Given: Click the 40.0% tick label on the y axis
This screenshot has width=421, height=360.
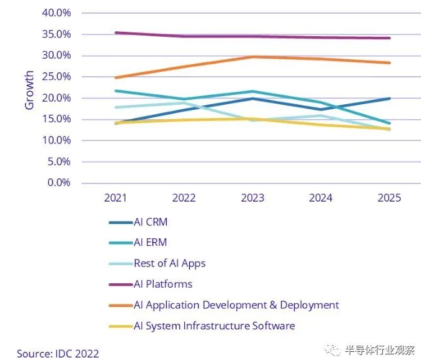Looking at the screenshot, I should pyautogui.click(x=56, y=12).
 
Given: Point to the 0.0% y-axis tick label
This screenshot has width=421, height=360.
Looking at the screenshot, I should pyautogui.click(x=58, y=183).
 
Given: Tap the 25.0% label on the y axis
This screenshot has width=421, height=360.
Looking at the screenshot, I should pyautogui.click(x=56, y=77).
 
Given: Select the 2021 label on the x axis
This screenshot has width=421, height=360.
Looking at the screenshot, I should pyautogui.click(x=116, y=198).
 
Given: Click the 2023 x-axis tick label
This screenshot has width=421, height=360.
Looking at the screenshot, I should pyautogui.click(x=252, y=198).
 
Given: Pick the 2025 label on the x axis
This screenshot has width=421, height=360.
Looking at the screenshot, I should pyautogui.click(x=389, y=198).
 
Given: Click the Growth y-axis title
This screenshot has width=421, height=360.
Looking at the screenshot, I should pyautogui.click(x=29, y=90).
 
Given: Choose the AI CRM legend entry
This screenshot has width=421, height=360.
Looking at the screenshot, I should pyautogui.click(x=151, y=222).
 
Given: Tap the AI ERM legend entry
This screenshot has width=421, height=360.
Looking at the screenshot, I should pyautogui.click(x=151, y=243).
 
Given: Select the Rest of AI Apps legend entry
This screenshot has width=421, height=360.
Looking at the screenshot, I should pyautogui.click(x=169, y=263).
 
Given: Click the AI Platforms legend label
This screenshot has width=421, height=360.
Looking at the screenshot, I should pyautogui.click(x=163, y=284).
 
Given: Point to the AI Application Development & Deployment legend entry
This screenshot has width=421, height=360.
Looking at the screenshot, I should pyautogui.click(x=236, y=305).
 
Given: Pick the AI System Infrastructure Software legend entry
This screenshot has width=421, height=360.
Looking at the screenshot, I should pyautogui.click(x=214, y=326).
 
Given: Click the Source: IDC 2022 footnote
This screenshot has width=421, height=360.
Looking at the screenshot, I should pyautogui.click(x=57, y=353).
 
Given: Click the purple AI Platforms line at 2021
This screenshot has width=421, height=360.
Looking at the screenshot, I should pyautogui.click(x=116, y=32).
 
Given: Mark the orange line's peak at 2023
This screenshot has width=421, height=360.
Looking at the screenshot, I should pyautogui.click(x=252, y=57).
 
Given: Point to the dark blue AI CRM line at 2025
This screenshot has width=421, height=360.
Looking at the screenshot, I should pyautogui.click(x=389, y=99).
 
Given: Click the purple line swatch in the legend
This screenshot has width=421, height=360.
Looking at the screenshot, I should pyautogui.click(x=121, y=285).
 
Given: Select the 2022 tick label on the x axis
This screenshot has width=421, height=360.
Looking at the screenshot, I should pyautogui.click(x=184, y=198).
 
